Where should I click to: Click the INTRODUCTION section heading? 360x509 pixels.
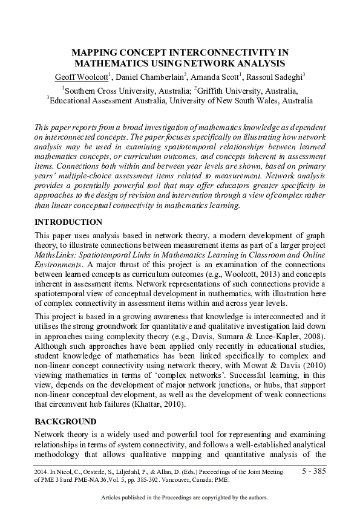[x=68, y=222]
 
